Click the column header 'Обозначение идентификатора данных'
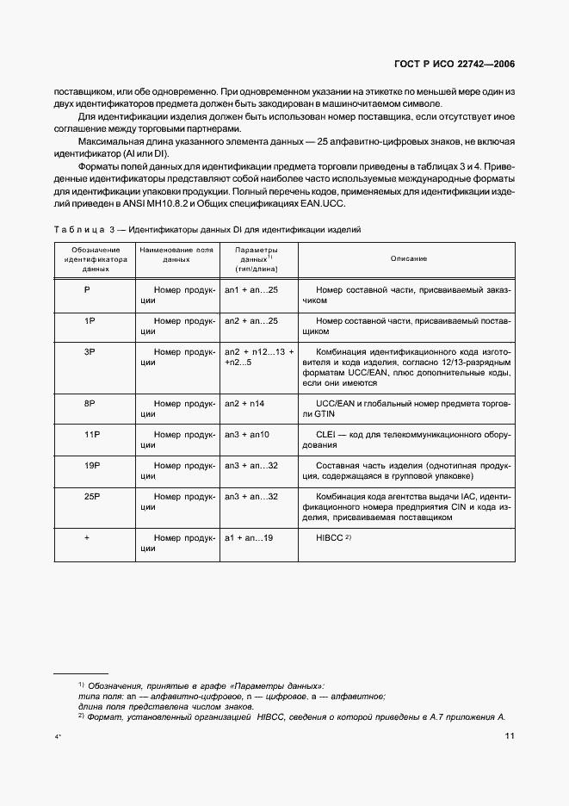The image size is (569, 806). [x=94, y=258]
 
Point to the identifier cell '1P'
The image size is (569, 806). [x=89, y=320]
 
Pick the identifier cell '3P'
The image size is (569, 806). [x=89, y=352]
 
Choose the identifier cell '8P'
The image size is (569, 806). [x=89, y=404]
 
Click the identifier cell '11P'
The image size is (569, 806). [x=92, y=435]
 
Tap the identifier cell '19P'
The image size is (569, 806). [x=92, y=466]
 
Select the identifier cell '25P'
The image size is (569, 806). [x=92, y=497]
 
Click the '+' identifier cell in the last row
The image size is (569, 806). [x=88, y=537]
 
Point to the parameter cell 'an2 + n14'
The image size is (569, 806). [x=246, y=404]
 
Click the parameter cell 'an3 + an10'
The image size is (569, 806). [x=247, y=435]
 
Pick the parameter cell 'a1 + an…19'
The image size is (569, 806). [x=249, y=537]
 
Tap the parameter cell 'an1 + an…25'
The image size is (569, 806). [x=250, y=290]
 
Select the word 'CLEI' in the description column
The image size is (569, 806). [x=327, y=435]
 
